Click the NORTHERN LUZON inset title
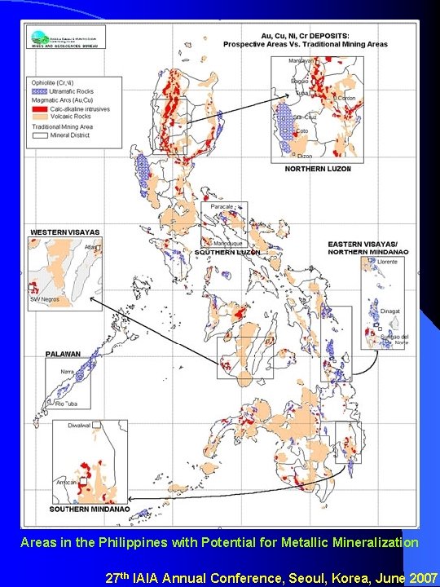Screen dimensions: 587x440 318,169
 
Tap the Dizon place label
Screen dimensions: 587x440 305,155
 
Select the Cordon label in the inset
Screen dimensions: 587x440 347,99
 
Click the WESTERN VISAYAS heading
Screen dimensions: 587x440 64,232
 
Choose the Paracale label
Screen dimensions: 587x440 222,207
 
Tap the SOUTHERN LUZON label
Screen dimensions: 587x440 227,253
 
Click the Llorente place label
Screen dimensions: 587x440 388,262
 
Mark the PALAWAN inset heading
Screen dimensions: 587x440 63,355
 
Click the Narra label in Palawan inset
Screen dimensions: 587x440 66,372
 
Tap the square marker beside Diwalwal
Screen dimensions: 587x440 96,425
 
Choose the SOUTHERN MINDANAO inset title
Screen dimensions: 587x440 90,510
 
